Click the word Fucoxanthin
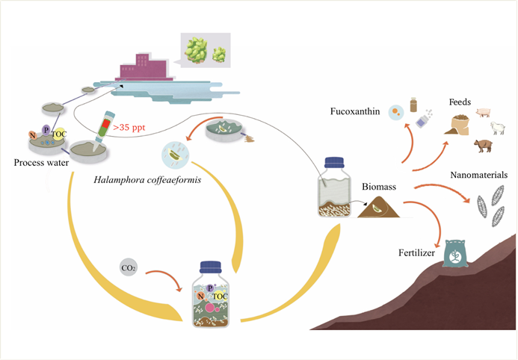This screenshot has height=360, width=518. pyautogui.click(x=355, y=112)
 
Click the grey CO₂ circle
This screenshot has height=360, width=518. pyautogui.click(x=128, y=267)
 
